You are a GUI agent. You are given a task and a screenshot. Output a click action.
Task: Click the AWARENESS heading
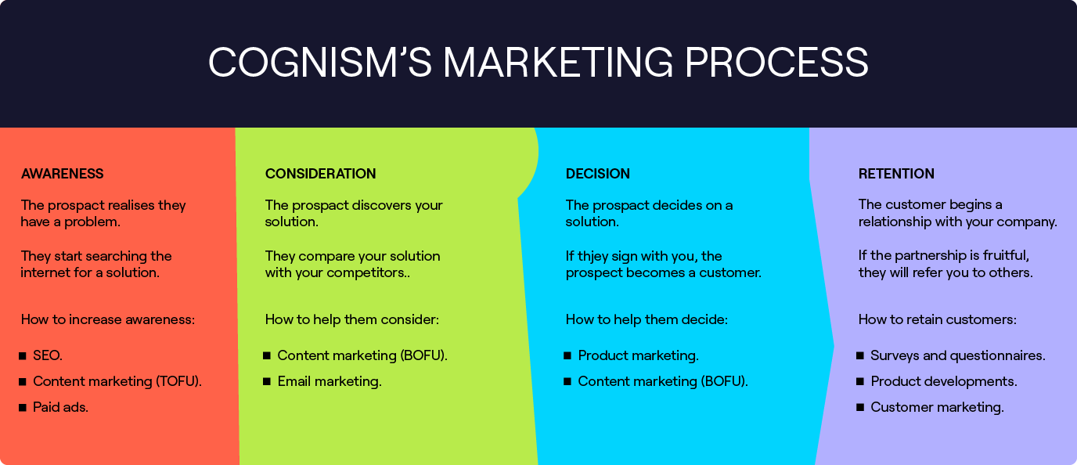point(62,174)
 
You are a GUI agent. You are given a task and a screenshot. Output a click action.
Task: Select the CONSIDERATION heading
point(320,174)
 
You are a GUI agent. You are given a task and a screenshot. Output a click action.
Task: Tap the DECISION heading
point(597,174)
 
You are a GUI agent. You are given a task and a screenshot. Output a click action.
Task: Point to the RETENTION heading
point(896,174)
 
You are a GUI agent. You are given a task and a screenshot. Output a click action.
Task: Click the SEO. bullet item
point(47,355)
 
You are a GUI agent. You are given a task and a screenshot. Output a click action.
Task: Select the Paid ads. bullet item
point(60,407)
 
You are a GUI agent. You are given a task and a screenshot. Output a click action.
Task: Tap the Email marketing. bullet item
point(329,381)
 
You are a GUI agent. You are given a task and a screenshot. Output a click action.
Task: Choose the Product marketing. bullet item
point(638,355)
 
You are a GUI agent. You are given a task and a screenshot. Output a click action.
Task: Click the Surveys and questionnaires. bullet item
point(957,355)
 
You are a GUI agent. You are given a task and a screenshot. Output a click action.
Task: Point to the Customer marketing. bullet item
point(937,407)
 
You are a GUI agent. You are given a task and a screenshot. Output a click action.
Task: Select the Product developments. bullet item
point(943,381)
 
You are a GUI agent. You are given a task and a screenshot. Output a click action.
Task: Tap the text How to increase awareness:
point(107,319)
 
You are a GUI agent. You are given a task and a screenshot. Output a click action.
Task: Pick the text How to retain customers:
point(937,319)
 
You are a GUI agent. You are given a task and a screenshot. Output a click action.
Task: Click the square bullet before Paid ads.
point(23,407)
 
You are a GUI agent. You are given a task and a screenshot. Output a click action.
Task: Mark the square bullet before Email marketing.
point(267,381)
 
